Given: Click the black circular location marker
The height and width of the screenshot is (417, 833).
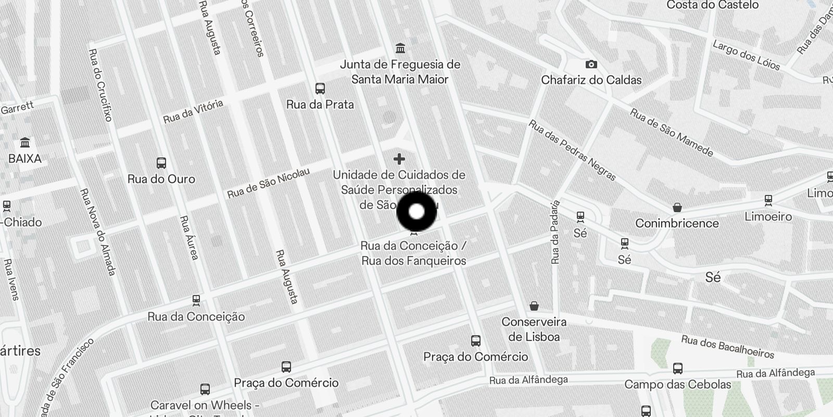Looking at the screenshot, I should (x=416, y=212).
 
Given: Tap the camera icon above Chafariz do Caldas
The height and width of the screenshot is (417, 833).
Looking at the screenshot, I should (x=591, y=64).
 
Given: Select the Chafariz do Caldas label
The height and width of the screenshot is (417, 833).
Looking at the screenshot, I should (x=591, y=80).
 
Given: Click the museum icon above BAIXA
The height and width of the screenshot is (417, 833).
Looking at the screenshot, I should (x=24, y=142).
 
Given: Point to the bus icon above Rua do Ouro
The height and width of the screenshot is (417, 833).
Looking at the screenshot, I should (x=161, y=163).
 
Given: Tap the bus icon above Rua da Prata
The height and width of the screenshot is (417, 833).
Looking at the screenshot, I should (x=320, y=89).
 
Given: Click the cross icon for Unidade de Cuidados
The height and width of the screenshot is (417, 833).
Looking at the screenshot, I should (x=399, y=158).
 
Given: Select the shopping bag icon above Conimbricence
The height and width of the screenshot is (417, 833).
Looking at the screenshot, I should (x=677, y=207).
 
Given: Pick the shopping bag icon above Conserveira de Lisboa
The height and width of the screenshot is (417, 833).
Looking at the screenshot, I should (x=534, y=305).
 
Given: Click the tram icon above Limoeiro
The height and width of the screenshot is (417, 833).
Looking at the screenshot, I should (x=768, y=200).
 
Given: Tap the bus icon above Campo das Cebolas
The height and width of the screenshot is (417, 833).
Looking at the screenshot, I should (x=677, y=369).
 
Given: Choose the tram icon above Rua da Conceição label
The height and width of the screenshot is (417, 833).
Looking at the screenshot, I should (x=196, y=300).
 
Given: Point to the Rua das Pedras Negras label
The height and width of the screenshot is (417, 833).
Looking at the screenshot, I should (x=572, y=150).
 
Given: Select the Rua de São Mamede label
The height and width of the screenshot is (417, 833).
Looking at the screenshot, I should (x=671, y=132).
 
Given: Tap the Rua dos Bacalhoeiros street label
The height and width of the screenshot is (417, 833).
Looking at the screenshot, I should (x=728, y=347).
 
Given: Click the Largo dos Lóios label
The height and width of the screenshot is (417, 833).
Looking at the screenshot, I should (x=746, y=56).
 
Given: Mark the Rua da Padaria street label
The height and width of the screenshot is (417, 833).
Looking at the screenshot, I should (x=556, y=232).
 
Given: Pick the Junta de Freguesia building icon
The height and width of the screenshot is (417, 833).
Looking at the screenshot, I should (x=400, y=48).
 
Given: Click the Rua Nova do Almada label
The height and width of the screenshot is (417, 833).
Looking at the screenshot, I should (x=97, y=231).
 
